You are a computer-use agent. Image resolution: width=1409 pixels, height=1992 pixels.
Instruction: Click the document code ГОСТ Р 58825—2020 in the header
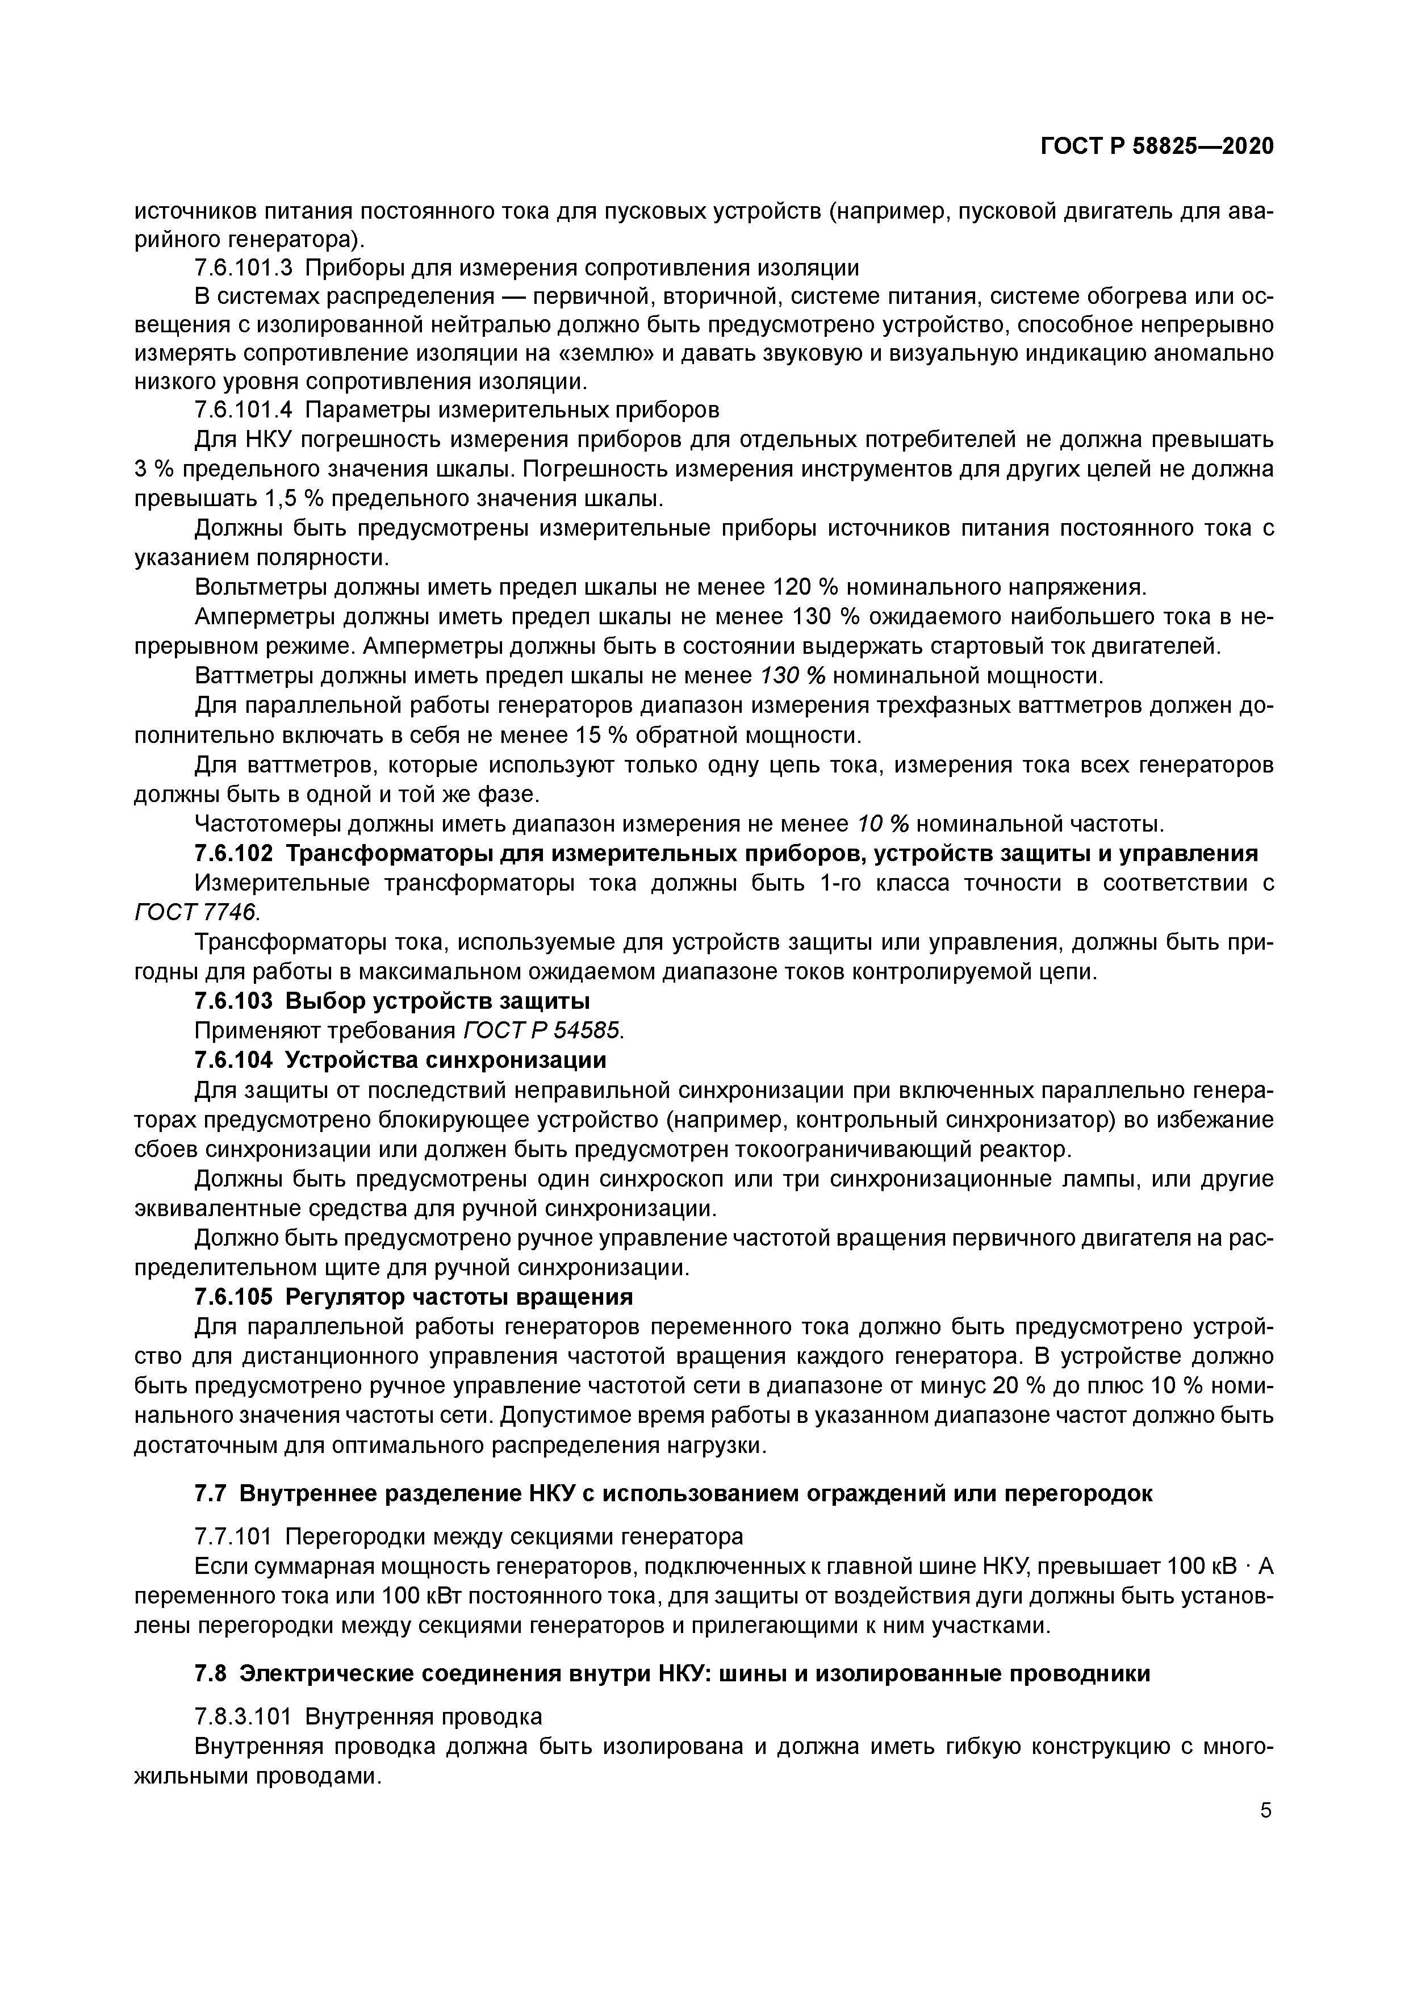tap(1156, 147)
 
